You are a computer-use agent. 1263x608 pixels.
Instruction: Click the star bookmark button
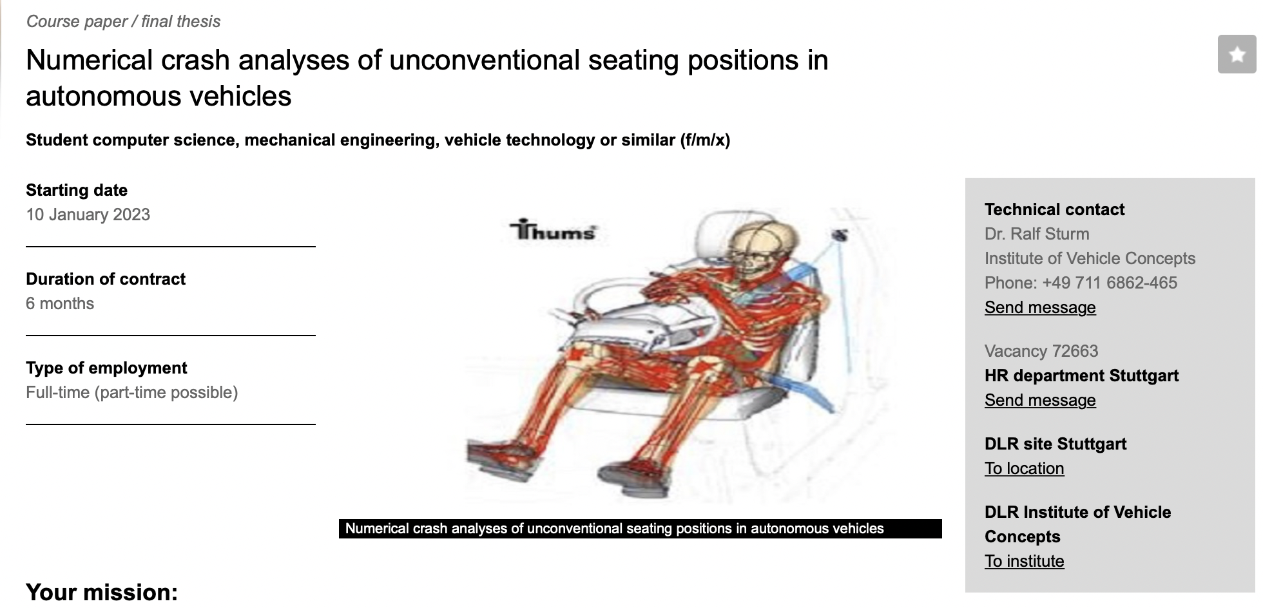point(1237,55)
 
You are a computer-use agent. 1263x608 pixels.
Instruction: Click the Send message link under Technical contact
point(1040,307)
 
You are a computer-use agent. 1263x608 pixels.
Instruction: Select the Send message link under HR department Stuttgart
point(1040,400)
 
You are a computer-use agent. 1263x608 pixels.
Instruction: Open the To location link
point(1024,468)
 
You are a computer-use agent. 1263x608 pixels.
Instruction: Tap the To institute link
point(1024,561)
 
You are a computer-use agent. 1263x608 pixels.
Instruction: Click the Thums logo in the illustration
point(553,230)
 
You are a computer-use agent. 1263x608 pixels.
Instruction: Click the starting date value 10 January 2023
point(88,214)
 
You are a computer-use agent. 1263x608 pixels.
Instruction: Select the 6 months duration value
point(60,303)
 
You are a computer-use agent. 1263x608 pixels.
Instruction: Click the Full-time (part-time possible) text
point(131,392)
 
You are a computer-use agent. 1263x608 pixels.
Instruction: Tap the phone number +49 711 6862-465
point(1109,283)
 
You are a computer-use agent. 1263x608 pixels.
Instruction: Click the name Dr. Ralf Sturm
point(1037,234)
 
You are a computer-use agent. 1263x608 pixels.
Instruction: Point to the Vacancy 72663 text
point(1041,351)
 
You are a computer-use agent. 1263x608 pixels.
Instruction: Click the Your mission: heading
point(102,592)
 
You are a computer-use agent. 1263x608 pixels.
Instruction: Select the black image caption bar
point(640,529)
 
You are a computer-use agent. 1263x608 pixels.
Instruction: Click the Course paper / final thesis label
point(123,21)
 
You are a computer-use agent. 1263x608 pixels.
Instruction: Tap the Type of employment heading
point(106,368)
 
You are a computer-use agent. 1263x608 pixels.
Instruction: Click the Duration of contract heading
point(106,279)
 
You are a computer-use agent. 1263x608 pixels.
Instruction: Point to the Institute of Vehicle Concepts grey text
point(1090,258)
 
